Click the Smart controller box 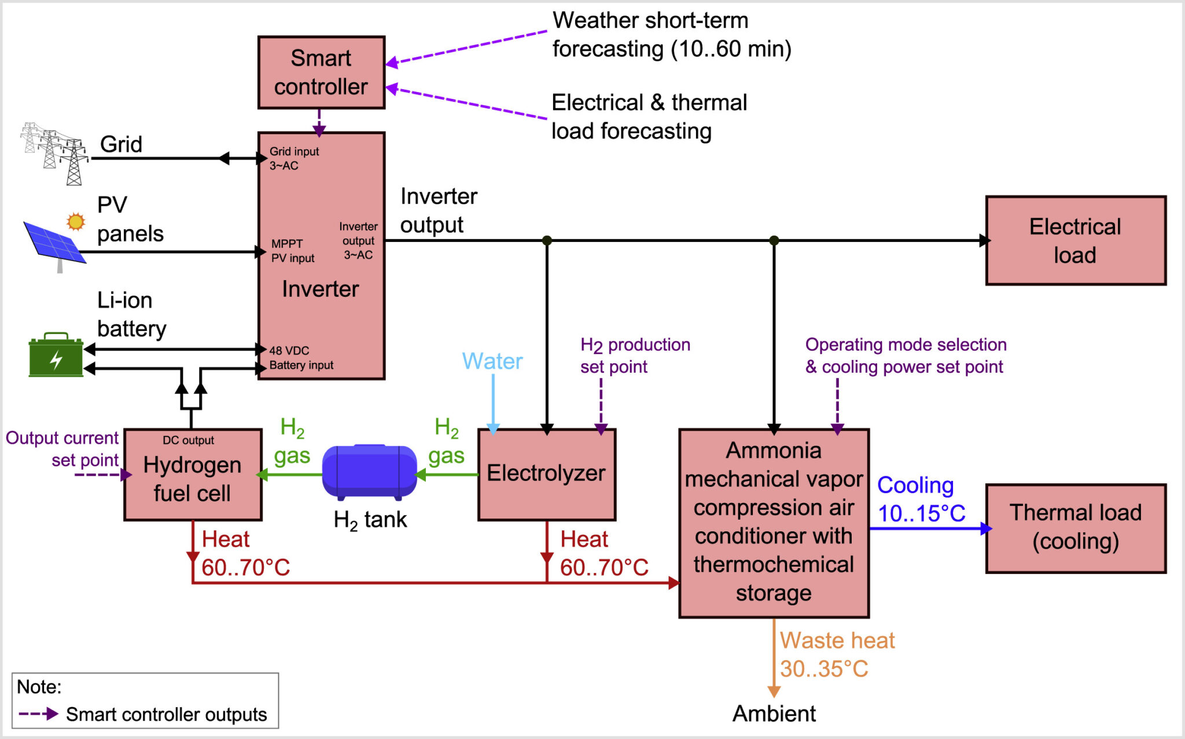coord(321,72)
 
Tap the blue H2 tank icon coord(369,471)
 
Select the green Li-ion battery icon coord(56,355)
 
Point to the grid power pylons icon coord(56,153)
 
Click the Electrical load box coord(1075,241)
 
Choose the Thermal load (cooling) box coord(1075,528)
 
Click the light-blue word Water coord(492,361)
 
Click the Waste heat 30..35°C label coord(837,655)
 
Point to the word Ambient coord(774,714)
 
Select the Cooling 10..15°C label coord(920,499)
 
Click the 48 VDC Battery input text coord(301,358)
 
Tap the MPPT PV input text coord(292,251)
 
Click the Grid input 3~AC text coord(293,158)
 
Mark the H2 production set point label coord(635,355)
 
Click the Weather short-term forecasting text coord(671,35)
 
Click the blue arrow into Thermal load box coord(932,528)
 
